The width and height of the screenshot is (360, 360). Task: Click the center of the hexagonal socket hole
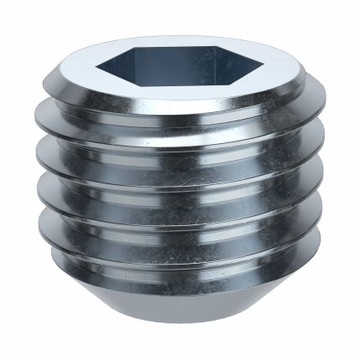point(177,64)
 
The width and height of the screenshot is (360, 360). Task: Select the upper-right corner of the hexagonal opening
point(218,47)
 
